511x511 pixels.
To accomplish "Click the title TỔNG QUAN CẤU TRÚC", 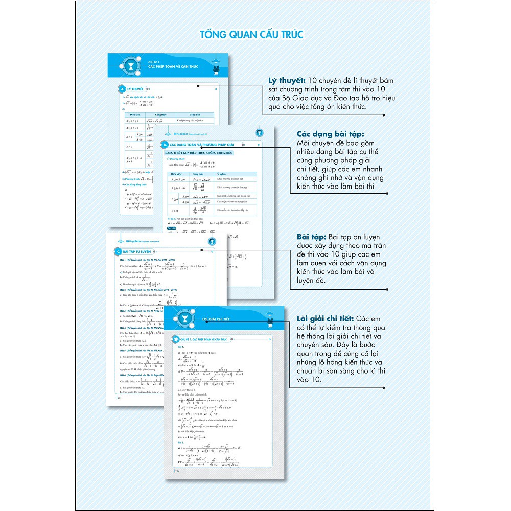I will coord(251,34).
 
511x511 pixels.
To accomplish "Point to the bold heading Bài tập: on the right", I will coord(311,238).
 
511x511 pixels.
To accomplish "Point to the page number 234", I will coord(178,471).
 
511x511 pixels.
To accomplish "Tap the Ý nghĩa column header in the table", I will coord(221,174).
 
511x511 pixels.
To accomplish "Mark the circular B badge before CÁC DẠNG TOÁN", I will coord(165,145).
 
